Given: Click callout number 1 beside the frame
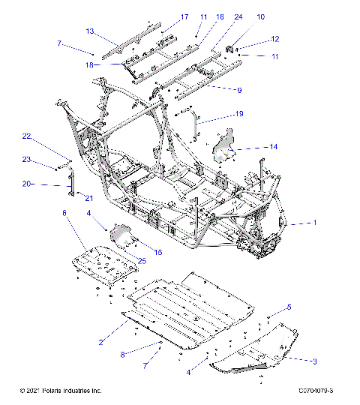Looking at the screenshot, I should coord(315,223).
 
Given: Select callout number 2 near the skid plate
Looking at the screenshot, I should coord(99,343).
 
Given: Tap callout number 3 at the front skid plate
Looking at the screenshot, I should coord(314,361).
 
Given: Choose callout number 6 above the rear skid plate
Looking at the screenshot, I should coord(64,214).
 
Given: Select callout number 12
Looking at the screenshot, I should coord(274,38).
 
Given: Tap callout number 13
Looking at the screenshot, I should coord(89,31).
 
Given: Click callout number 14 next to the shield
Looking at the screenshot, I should coord(274,147).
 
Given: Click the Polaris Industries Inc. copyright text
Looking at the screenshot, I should coord(61,391).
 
